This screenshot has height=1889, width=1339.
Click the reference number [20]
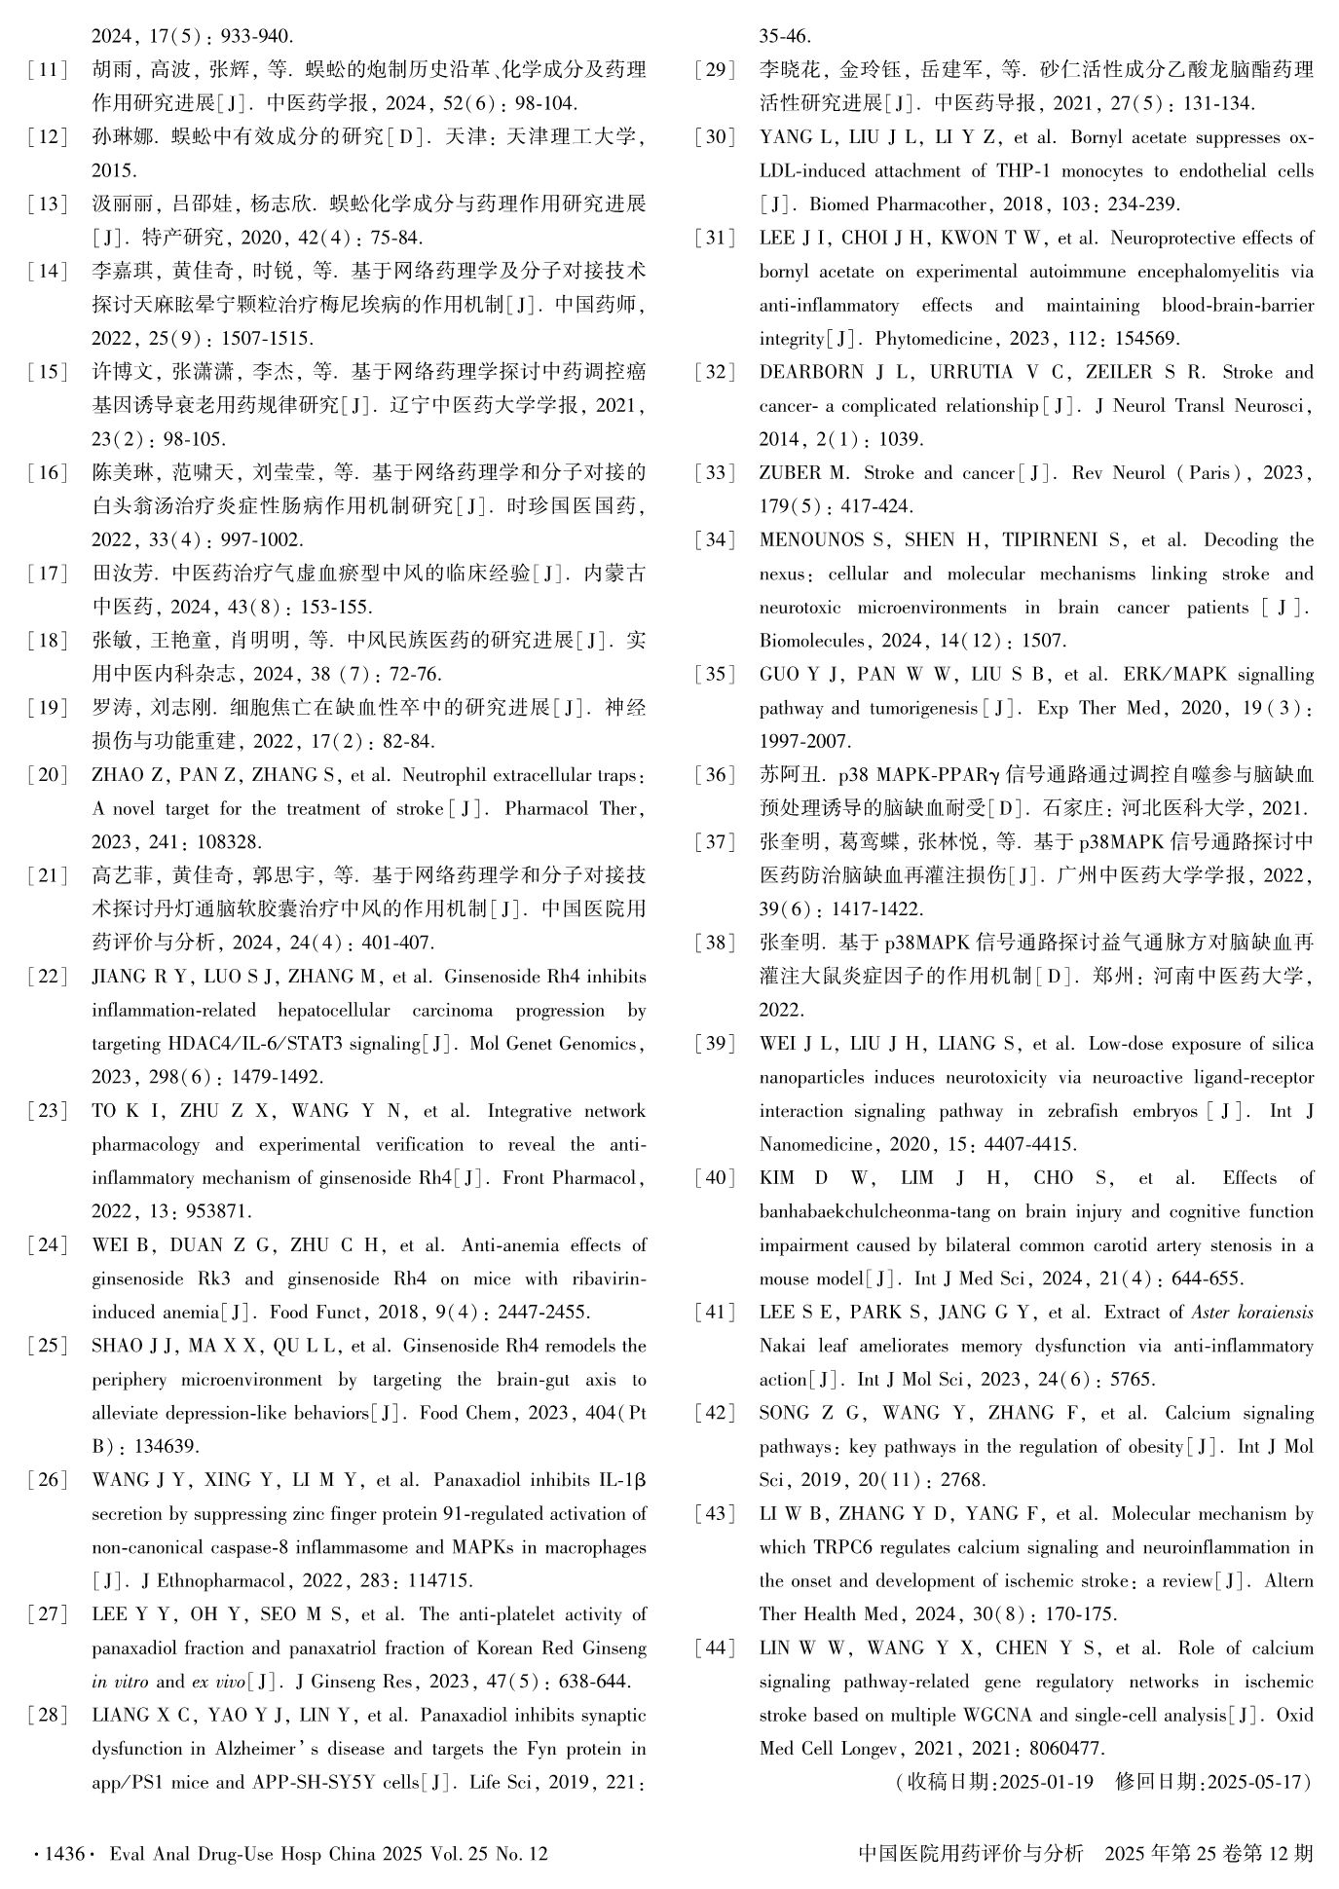(48, 775)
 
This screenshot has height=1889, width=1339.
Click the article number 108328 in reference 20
(230, 842)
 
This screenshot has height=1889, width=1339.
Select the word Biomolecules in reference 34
(811, 641)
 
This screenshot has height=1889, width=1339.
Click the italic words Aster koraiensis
(1251, 1313)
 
